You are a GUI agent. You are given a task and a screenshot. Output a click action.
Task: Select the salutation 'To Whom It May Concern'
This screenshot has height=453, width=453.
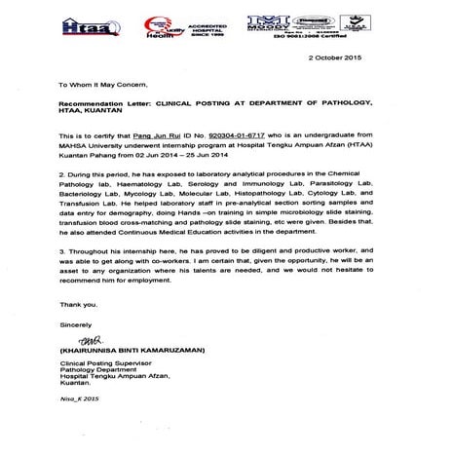click(x=99, y=85)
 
